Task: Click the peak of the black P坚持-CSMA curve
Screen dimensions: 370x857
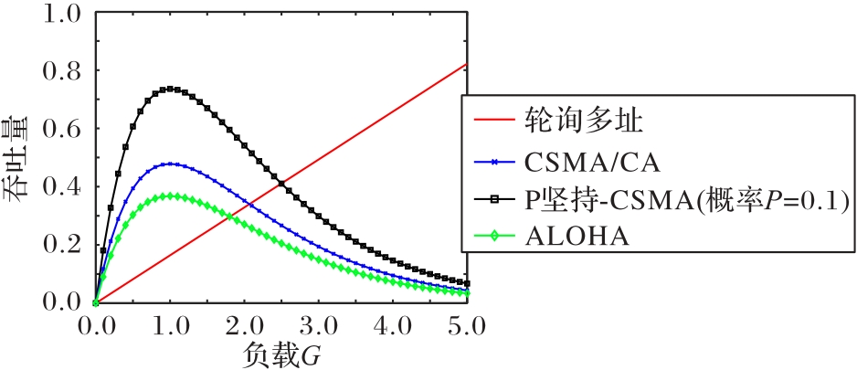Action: coord(170,89)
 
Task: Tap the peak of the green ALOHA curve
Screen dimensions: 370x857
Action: coord(170,196)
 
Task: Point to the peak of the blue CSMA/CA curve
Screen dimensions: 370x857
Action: coord(170,164)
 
